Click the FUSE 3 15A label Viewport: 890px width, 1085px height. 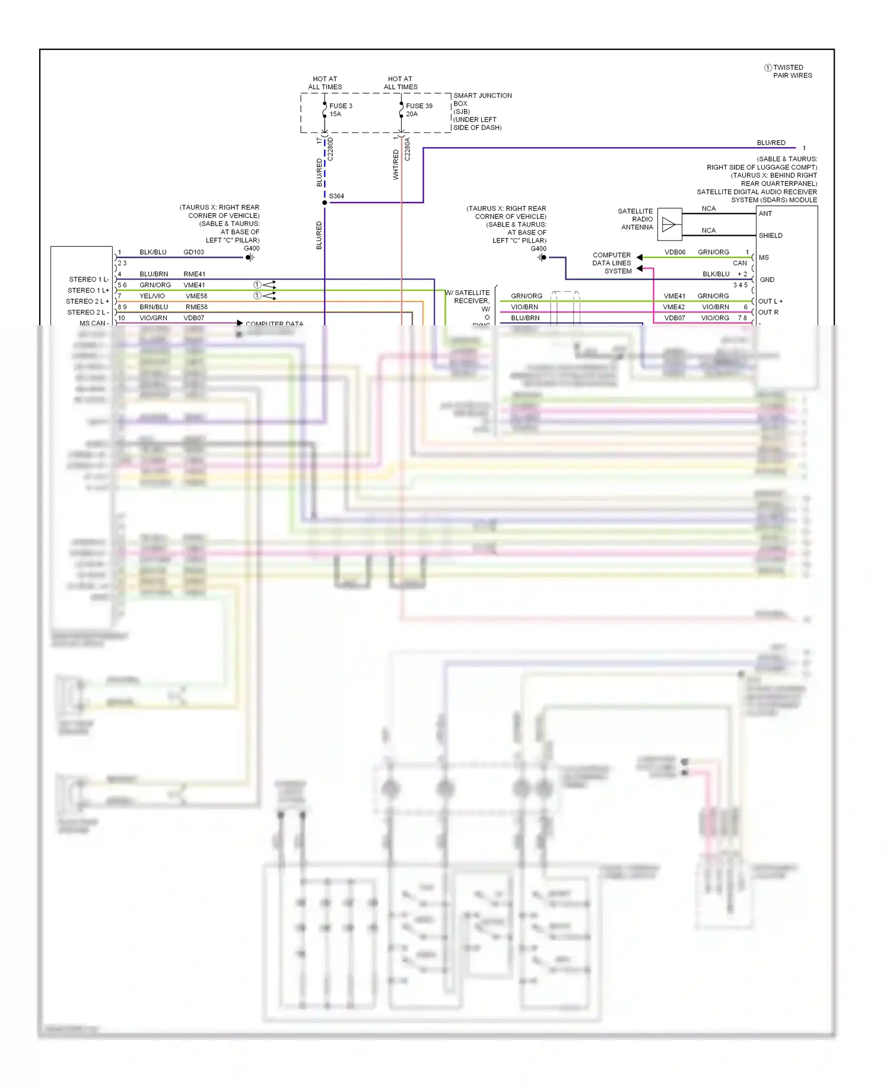tap(341, 110)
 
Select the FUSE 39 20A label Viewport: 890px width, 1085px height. tap(419, 110)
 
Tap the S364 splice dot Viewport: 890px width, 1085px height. tap(325, 203)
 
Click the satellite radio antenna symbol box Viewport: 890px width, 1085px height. tap(669, 224)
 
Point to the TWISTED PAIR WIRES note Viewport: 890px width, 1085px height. tap(792, 71)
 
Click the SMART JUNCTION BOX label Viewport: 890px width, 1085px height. tap(482, 99)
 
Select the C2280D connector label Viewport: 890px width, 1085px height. tap(330, 149)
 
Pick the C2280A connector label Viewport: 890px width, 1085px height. tap(408, 149)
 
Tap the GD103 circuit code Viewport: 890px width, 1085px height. tap(193, 252)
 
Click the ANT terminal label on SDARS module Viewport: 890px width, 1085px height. tap(765, 214)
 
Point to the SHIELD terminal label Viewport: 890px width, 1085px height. tap(770, 236)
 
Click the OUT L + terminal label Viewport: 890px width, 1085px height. tap(770, 302)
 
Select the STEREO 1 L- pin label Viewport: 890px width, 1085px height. tap(88, 280)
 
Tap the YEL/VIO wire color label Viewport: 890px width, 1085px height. tap(152, 296)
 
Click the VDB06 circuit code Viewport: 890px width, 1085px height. tap(675, 252)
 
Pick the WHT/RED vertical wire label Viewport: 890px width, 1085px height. tap(396, 164)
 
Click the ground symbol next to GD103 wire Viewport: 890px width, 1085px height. tap(250, 258)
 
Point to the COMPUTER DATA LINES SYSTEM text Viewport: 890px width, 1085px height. tap(612, 263)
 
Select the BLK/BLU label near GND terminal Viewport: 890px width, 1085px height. tap(716, 274)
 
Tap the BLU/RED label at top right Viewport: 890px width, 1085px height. tap(771, 143)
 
